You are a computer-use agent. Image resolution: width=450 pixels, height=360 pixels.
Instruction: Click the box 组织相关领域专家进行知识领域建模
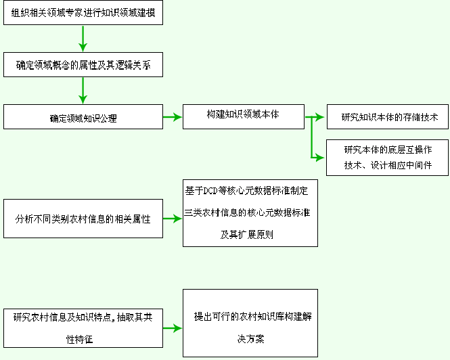coord(83,13)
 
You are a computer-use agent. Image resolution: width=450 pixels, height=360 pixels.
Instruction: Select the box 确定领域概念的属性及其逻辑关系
coord(83,65)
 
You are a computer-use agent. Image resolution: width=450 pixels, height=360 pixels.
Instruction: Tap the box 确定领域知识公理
coord(83,118)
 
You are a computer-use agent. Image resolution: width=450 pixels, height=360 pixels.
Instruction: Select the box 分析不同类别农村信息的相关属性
coord(83,219)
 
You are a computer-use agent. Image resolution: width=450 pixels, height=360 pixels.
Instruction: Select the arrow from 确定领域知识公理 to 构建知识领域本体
coord(173,117)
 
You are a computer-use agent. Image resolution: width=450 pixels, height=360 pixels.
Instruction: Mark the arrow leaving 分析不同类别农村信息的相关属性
coord(173,219)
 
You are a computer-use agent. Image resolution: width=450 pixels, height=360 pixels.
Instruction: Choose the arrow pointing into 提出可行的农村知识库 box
coord(173,328)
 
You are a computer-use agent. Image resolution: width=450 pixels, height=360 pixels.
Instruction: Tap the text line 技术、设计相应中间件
coord(387,164)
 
